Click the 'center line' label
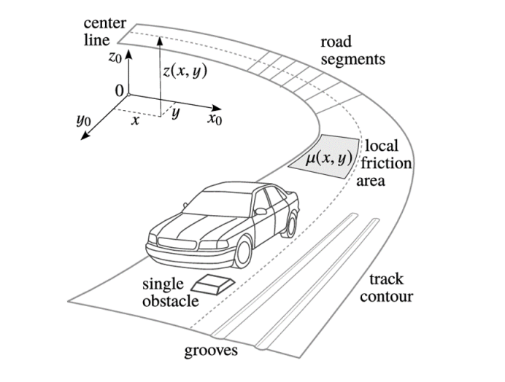[x=104, y=32]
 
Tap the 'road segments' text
[x=352, y=51]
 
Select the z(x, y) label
[x=185, y=71]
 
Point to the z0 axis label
[x=115, y=57]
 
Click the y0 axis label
[x=83, y=120]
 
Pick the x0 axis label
[x=215, y=119]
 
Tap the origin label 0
[x=119, y=91]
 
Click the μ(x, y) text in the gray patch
[x=328, y=158]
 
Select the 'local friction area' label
[x=383, y=163]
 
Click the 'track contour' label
[x=387, y=288]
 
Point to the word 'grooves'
[x=211, y=351]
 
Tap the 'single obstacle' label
[x=170, y=292]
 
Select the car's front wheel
[x=243, y=252]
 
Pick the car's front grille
[x=177, y=243]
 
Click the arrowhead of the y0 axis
[x=85, y=136]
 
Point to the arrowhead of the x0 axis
[x=217, y=109]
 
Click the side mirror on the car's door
[x=261, y=211]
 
